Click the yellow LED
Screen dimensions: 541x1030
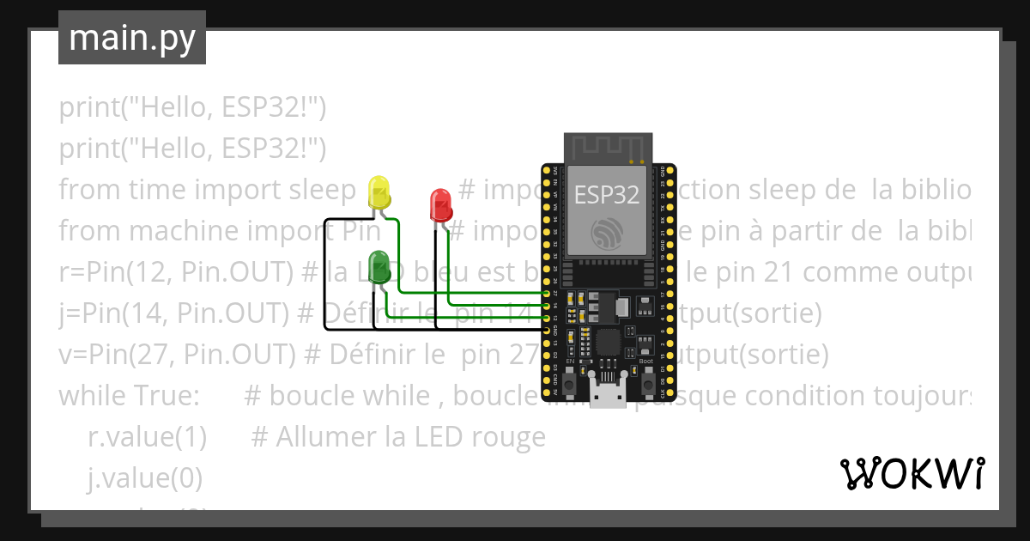[x=379, y=191]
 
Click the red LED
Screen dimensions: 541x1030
[x=440, y=204]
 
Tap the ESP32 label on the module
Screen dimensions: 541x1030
[x=607, y=195]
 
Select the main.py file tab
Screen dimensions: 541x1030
[x=132, y=38]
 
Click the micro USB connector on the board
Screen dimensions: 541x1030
[x=609, y=395]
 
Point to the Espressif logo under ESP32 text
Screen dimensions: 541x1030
[x=607, y=233]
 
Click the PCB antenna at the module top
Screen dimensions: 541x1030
[x=608, y=147]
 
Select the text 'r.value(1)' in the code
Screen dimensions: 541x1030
[x=147, y=437]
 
